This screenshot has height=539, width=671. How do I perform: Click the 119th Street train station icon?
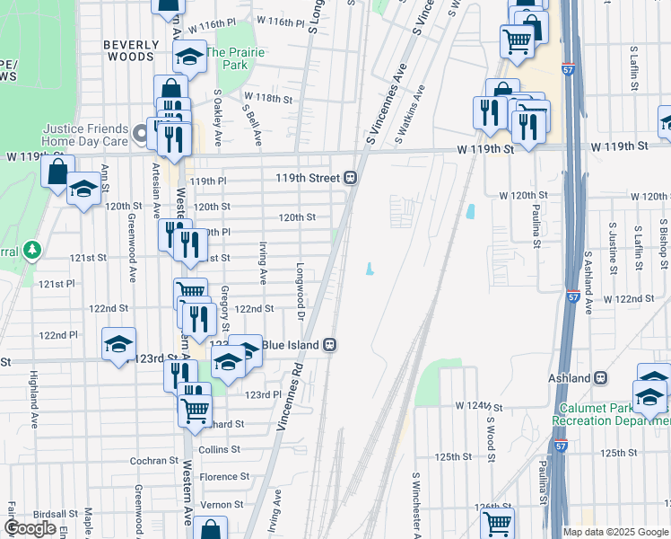[353, 178]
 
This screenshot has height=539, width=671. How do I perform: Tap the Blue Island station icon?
[330, 344]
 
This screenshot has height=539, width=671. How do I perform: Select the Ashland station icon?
[601, 378]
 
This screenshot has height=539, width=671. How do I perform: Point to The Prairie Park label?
[235, 58]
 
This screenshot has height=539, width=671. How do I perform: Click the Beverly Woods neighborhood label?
[128, 50]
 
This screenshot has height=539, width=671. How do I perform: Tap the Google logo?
[30, 528]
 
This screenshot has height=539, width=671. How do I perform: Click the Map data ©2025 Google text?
[614, 532]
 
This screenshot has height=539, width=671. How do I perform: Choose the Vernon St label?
[222, 505]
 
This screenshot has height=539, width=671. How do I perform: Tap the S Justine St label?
[614, 249]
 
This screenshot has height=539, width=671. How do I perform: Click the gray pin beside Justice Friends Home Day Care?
[140, 135]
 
